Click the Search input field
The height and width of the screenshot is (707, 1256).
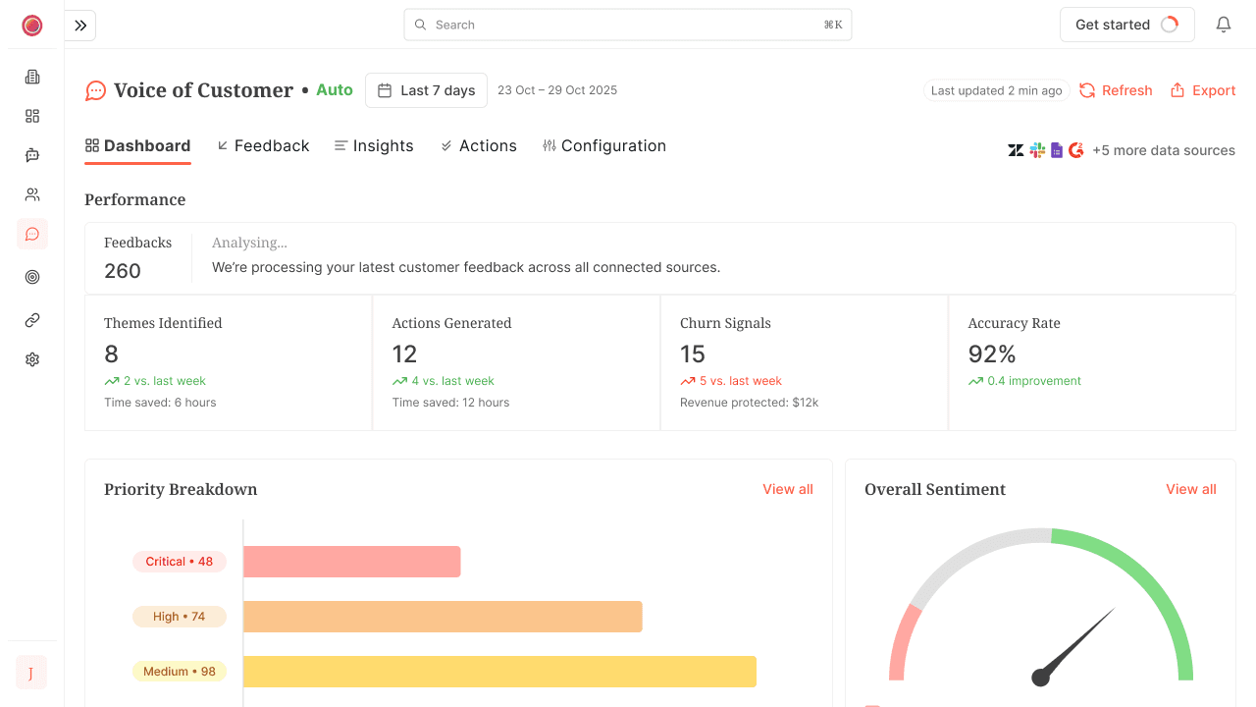click(x=627, y=25)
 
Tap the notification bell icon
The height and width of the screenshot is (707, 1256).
click(x=1224, y=25)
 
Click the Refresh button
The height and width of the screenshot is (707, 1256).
click(x=1116, y=90)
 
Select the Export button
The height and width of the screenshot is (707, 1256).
click(x=1203, y=90)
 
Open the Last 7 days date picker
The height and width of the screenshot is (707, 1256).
click(x=427, y=90)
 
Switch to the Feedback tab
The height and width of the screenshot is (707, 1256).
click(x=263, y=145)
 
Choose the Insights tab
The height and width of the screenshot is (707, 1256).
click(x=374, y=145)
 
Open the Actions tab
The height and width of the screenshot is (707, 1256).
click(x=479, y=145)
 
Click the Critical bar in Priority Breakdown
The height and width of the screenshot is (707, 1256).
click(x=351, y=562)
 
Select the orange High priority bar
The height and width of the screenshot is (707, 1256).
click(x=443, y=617)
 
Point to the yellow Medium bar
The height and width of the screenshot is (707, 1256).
click(x=499, y=672)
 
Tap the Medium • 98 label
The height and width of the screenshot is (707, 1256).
click(x=180, y=672)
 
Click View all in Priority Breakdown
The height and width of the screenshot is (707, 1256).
click(x=787, y=489)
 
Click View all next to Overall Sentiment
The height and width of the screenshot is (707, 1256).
click(x=1190, y=489)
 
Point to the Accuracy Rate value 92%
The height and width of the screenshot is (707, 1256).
click(x=991, y=353)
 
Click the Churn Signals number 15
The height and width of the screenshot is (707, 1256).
click(x=693, y=353)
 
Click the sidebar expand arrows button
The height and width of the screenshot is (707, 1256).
click(x=80, y=26)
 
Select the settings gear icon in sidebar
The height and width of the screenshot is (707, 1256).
click(x=32, y=359)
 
